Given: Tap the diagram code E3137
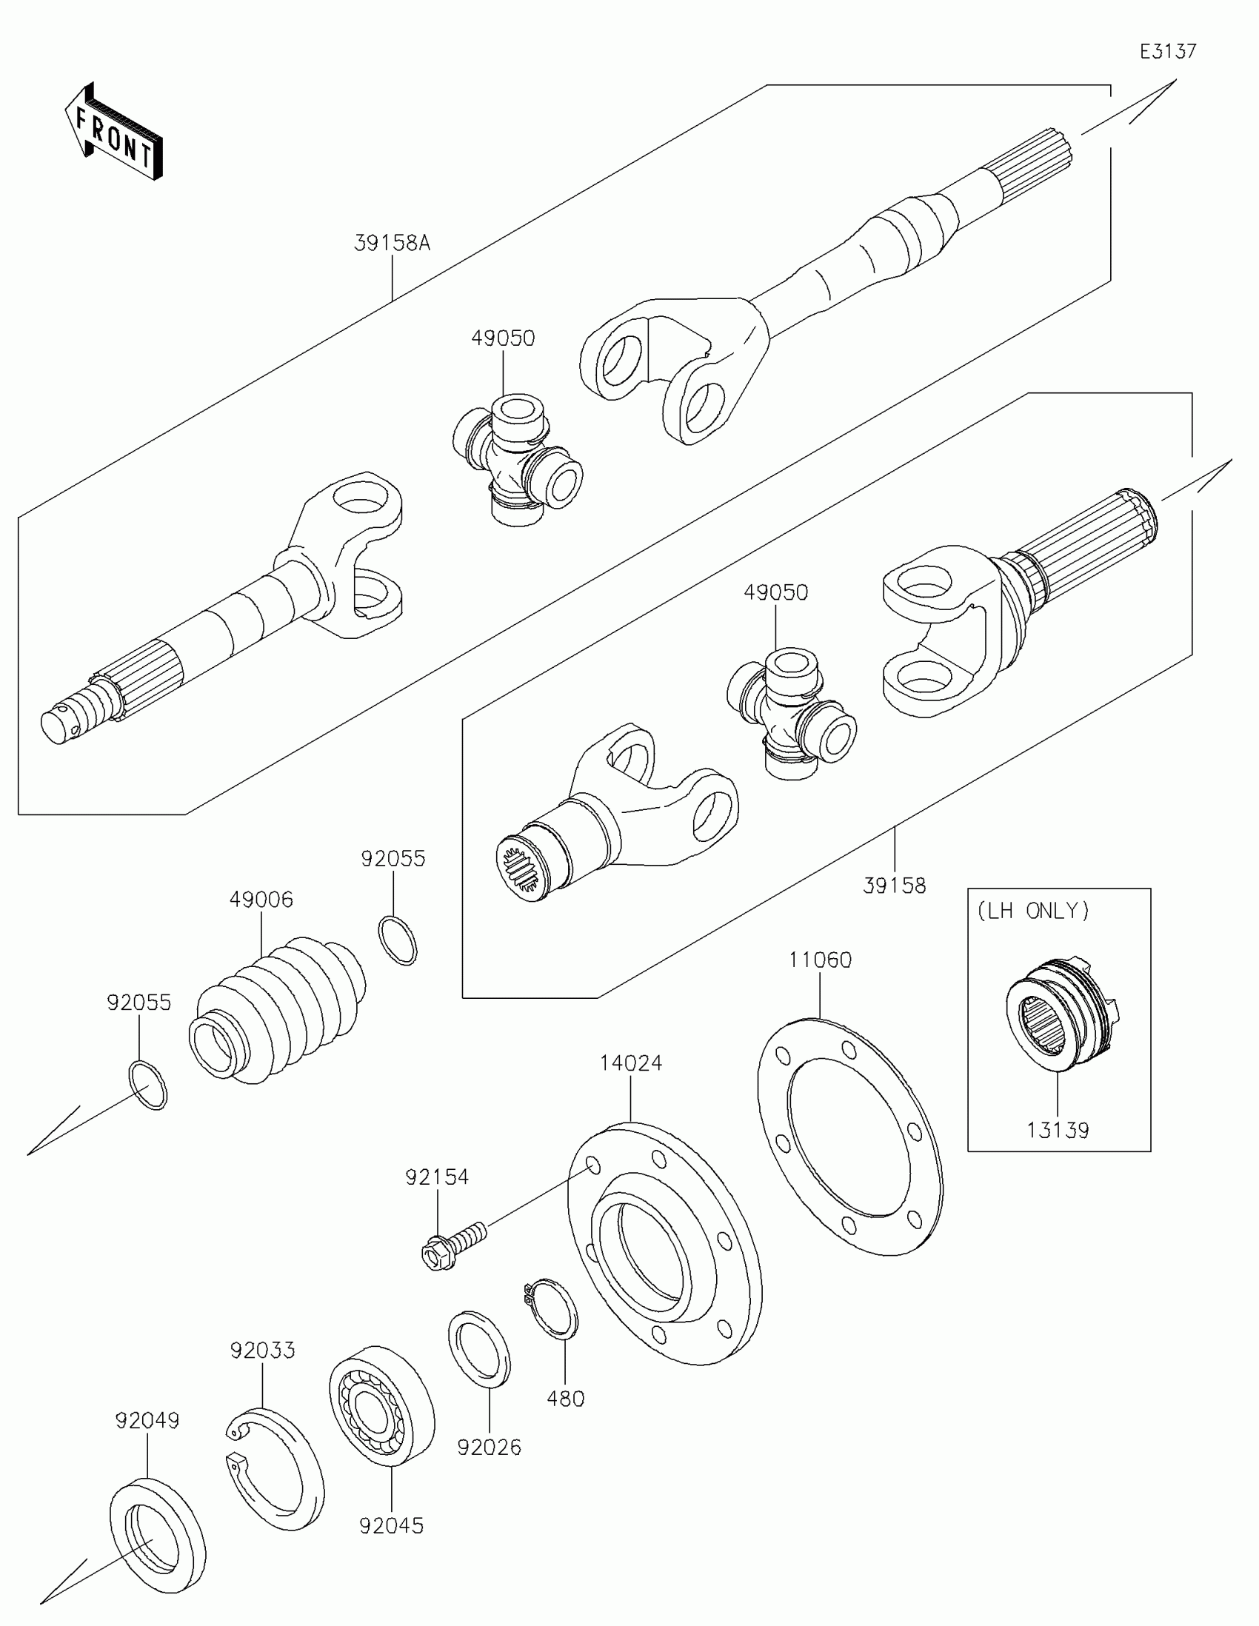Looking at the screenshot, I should coord(1167,50).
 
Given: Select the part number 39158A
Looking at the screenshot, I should coord(392,244).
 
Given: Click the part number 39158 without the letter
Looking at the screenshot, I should coord(894,886).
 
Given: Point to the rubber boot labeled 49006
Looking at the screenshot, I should coord(279,1006).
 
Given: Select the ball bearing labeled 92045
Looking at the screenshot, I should coord(381,1405).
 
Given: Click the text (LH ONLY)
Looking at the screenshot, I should coord(1033,911).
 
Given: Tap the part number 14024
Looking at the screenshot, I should coord(631,1063).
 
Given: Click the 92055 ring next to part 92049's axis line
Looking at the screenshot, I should coord(148,1085).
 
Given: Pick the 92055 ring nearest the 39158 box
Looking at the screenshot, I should coord(398,941).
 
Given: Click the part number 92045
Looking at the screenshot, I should coord(391,1526).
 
